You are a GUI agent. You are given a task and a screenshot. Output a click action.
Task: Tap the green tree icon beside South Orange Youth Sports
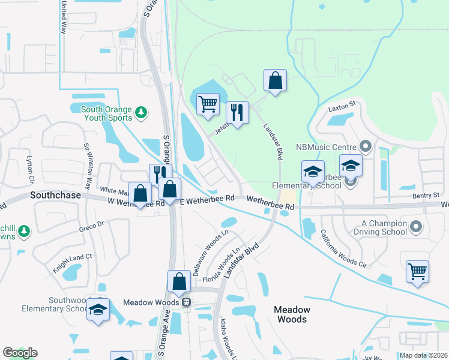[140, 112]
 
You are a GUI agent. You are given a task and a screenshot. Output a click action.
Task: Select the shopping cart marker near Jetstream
[208, 103]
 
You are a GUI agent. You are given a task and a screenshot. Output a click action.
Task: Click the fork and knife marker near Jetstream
[237, 112]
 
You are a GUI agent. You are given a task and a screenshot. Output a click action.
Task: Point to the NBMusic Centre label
[327, 147]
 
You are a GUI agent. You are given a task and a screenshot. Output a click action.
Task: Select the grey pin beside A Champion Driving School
[417, 227]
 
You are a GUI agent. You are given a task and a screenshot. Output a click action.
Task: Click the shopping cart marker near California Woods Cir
[417, 271]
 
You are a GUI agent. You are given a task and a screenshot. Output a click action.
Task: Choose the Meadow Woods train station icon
[187, 302]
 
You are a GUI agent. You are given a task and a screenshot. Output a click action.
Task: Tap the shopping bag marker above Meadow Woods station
[179, 281]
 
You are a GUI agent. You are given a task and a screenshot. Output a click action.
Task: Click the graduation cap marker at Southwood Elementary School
[98, 310]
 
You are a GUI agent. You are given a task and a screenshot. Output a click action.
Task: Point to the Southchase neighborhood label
[53, 196]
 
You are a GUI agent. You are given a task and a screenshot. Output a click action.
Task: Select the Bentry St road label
[426, 196]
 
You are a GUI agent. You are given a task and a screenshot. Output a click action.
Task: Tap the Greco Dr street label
[91, 227]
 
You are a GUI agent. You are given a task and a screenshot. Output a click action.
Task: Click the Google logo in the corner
[20, 353]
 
